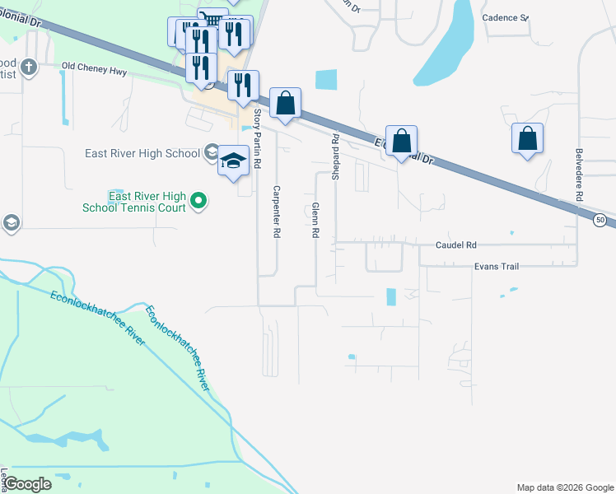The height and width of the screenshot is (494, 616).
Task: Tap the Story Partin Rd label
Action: (257, 139)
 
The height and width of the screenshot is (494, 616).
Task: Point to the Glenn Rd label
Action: (315, 221)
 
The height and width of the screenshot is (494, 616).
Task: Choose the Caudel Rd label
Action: (456, 245)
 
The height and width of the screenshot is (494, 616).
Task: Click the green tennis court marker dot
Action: (198, 200)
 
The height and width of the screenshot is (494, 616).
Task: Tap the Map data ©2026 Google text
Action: (564, 487)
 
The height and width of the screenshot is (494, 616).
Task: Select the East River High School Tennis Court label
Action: (147, 202)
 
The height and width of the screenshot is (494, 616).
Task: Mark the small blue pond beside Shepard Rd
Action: (326, 79)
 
